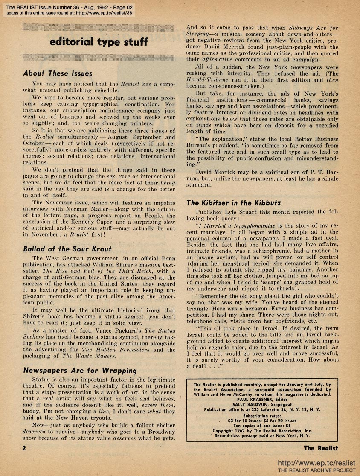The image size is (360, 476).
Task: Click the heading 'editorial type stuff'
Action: click(x=99, y=42)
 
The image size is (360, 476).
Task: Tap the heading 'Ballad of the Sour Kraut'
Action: click(x=67, y=248)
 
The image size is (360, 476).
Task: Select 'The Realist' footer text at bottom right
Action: click(x=321, y=448)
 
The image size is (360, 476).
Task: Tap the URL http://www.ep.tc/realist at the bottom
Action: click(x=316, y=463)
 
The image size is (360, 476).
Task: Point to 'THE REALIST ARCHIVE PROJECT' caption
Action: click(x=316, y=470)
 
